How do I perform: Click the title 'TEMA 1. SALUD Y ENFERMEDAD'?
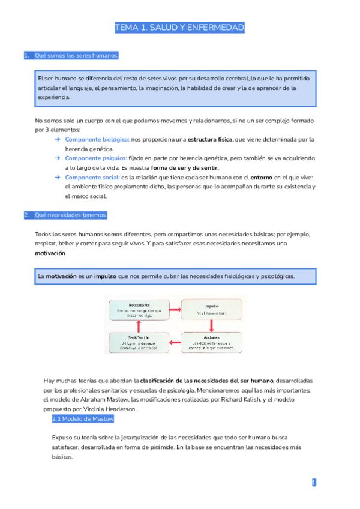tap(180, 28)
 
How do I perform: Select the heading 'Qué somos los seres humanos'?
tap(76, 56)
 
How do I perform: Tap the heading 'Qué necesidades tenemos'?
tap(71, 215)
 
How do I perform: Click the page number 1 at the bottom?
tap(314, 482)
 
